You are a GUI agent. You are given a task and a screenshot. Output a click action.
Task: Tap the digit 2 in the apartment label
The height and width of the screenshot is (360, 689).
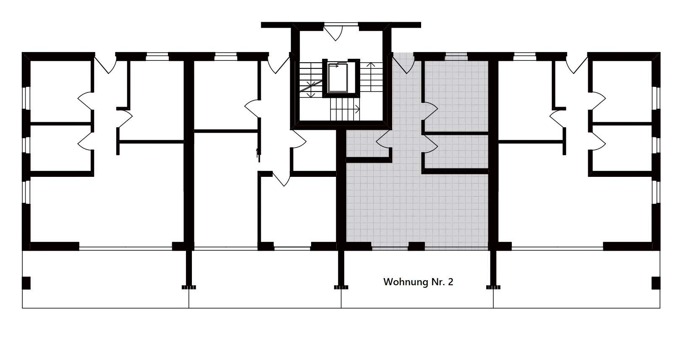click(451, 282)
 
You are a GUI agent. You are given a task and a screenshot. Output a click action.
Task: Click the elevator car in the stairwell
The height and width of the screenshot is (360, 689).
click(338, 78)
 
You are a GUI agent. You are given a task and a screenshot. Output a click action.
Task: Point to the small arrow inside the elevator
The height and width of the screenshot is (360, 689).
click(333, 66)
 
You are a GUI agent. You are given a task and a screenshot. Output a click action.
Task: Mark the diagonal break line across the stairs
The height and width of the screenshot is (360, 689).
click(310, 86)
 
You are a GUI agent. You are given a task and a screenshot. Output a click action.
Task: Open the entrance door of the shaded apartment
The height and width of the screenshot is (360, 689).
click(403, 65)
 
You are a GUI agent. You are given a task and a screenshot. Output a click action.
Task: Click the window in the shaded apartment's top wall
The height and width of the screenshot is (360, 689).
click(456, 57)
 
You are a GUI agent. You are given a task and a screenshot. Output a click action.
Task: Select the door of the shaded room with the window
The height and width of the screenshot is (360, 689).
click(431, 111)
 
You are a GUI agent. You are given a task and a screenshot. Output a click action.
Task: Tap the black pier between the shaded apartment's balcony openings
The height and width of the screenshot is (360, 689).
click(416, 246)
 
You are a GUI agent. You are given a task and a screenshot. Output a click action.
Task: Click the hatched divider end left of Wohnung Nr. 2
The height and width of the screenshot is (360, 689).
click(341, 287)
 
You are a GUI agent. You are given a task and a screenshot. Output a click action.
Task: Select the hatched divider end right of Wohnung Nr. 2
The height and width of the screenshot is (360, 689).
click(493, 287)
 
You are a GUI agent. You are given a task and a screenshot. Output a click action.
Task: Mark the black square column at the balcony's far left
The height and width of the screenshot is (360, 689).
click(26, 283)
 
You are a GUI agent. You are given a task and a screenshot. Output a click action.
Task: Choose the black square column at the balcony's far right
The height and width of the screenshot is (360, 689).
click(656, 283)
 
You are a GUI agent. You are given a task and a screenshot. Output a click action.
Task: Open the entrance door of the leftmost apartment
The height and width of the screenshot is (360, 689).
click(105, 64)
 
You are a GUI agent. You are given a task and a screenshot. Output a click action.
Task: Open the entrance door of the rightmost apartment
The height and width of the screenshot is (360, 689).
click(577, 64)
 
